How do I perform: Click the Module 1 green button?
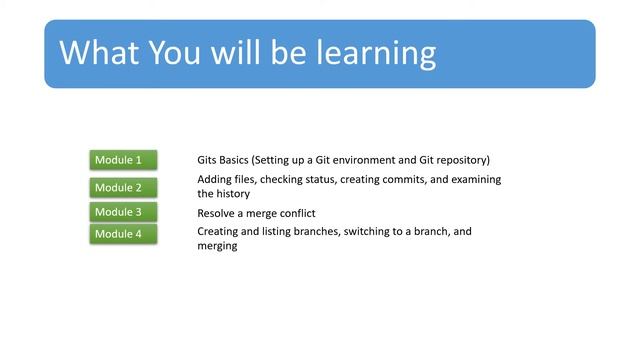point(123,160)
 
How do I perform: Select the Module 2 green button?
point(123,187)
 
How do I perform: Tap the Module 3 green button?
point(123,212)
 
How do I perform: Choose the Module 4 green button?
point(123,234)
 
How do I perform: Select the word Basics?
point(240,160)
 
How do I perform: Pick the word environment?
point(364,160)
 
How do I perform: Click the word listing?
point(275,232)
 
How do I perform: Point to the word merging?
point(217,246)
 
